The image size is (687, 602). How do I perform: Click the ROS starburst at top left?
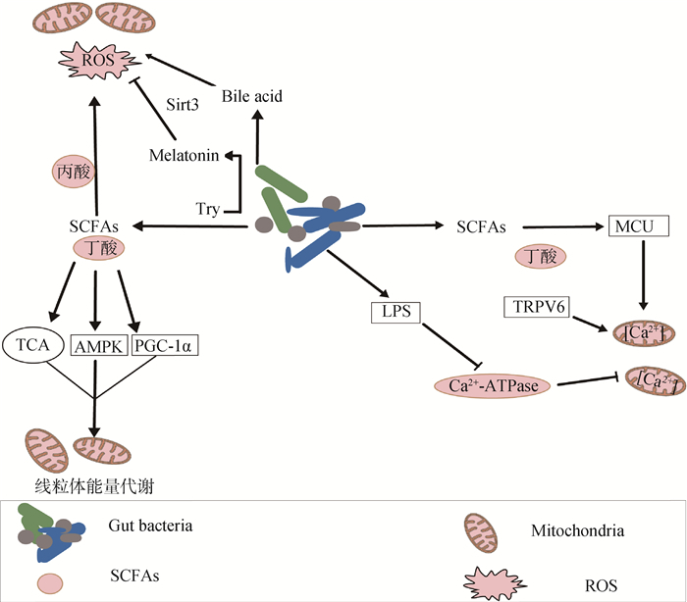[x=95, y=64]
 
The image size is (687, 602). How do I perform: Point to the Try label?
[x=207, y=209]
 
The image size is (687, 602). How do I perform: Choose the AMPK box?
[x=96, y=344]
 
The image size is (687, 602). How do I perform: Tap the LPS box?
[x=396, y=312]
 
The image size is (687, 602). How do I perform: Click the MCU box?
[x=639, y=227]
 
